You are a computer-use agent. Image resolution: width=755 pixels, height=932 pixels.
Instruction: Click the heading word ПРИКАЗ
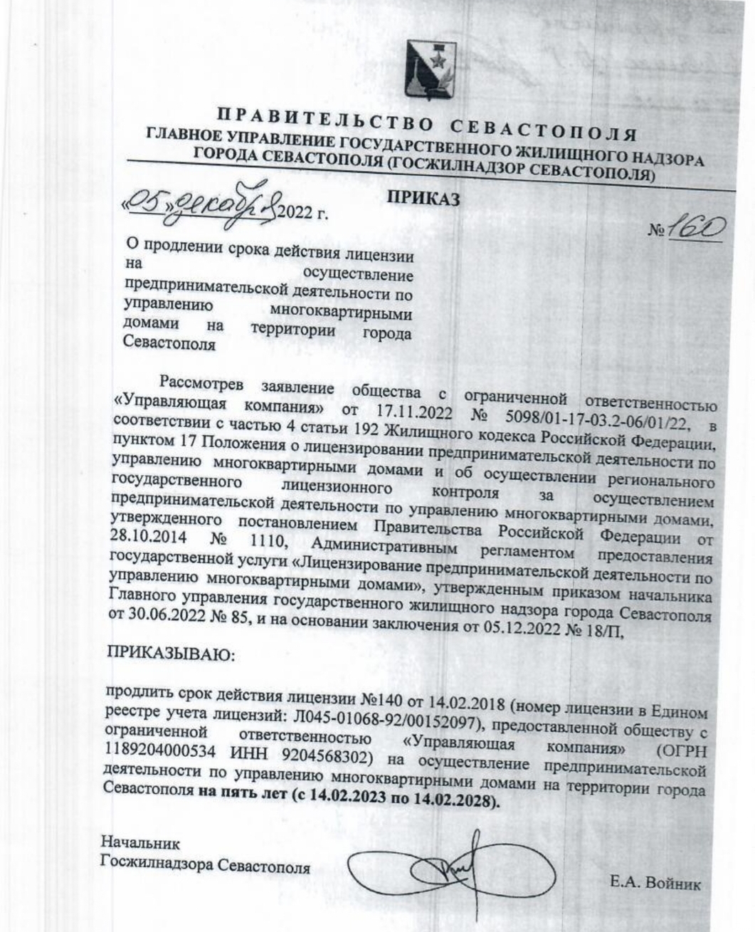pyautogui.click(x=423, y=199)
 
